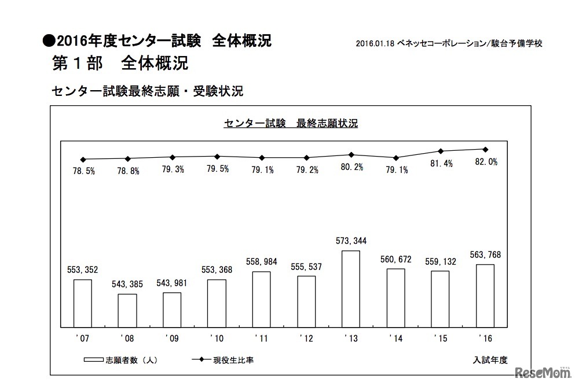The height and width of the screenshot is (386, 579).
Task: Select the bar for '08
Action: click(127, 311)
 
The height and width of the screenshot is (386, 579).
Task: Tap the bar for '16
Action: click(485, 296)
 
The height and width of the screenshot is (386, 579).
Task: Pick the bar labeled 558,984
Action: click(262, 299)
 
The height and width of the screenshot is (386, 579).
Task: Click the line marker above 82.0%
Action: click(485, 149)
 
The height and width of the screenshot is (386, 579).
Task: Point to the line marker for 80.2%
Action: click(351, 154)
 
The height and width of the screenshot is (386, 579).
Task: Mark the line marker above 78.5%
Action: click(83, 159)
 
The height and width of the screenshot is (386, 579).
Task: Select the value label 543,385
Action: click(127, 284)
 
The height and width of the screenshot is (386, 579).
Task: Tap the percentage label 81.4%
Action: click(441, 164)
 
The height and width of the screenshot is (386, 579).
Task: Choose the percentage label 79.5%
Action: click(217, 169)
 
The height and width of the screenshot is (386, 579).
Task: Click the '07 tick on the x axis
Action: click(81, 339)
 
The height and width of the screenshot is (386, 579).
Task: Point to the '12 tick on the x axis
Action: click(305, 339)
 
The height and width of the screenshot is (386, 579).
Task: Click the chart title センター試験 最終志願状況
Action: click(290, 124)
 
